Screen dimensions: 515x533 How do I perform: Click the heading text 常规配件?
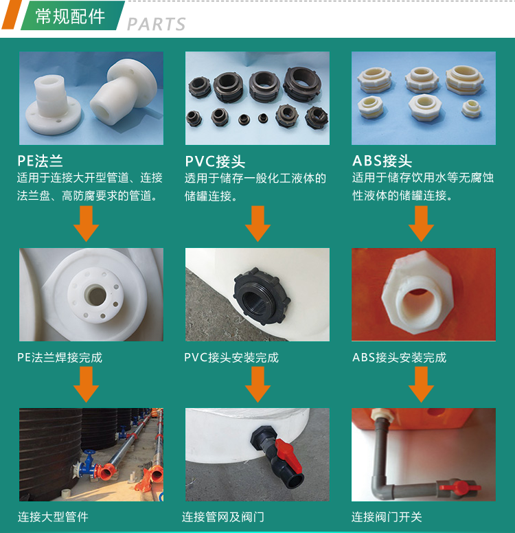click(x=70, y=16)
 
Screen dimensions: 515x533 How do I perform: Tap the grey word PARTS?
click(x=157, y=24)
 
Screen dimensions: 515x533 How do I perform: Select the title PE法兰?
click(x=40, y=161)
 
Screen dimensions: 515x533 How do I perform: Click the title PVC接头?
click(x=215, y=161)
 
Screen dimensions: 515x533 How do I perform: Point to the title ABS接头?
click(x=382, y=161)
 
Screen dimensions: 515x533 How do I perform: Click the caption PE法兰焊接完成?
click(x=60, y=358)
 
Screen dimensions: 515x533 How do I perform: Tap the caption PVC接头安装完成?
click(x=231, y=358)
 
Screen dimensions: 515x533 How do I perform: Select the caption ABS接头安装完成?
click(x=399, y=358)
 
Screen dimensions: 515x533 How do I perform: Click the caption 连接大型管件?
click(x=53, y=517)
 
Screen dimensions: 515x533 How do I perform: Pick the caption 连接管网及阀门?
click(x=223, y=517)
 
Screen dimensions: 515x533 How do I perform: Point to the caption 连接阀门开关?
click(x=387, y=517)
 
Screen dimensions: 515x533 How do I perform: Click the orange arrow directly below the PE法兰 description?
click(x=86, y=224)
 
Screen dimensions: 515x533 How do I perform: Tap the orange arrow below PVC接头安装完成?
click(x=257, y=385)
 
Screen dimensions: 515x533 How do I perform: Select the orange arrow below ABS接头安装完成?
click(x=421, y=385)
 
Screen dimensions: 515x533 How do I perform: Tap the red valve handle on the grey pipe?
click(x=459, y=488)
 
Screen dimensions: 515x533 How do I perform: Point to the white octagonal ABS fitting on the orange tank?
click(x=417, y=293)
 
